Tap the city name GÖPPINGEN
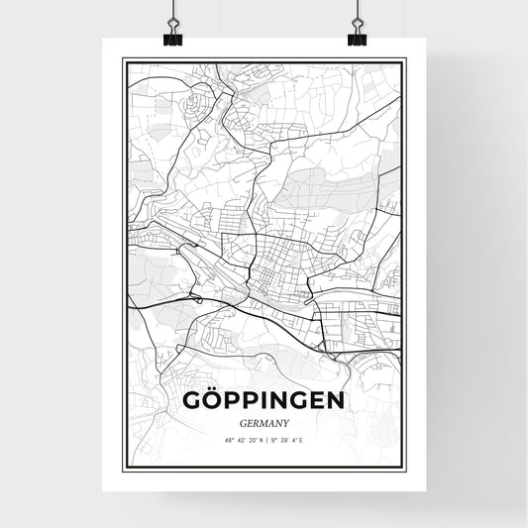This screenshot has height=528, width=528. pos(264,400)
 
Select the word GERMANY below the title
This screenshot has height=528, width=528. pos(264,421)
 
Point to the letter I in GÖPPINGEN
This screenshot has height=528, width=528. pos(272,400)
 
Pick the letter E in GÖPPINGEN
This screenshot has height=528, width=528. pos(321,400)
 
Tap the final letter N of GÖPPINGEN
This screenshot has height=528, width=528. pos(338,400)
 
